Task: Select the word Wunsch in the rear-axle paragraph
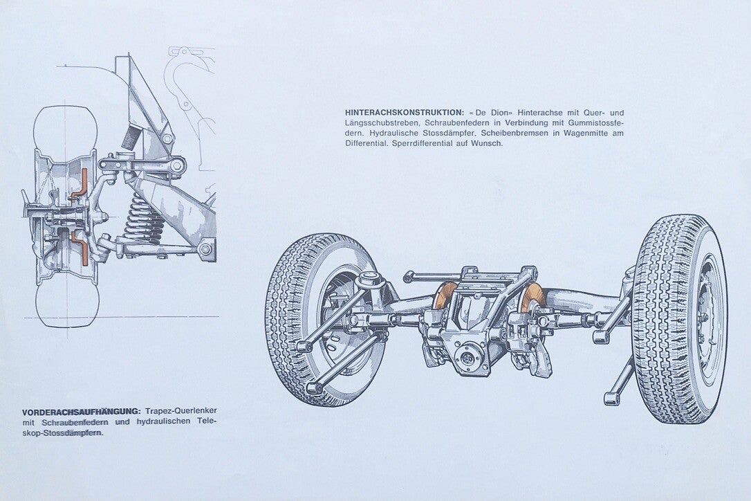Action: [487, 143]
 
